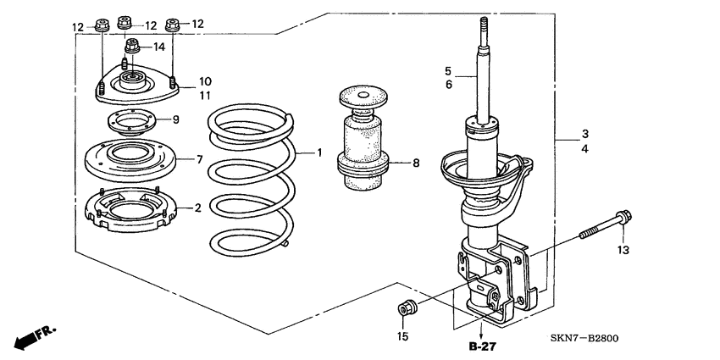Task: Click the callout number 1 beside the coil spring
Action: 320,153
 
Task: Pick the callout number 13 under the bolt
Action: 623,250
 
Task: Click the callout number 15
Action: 403,336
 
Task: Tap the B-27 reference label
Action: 482,347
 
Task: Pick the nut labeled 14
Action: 132,47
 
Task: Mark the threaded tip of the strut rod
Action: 483,27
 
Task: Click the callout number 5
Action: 450,71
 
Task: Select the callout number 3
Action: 585,135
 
